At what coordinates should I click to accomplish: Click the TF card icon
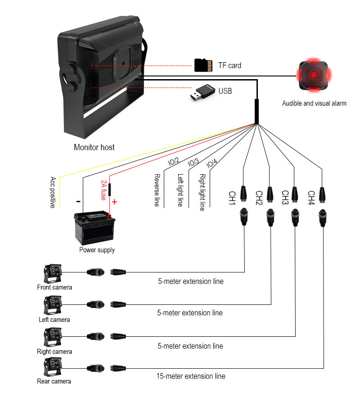[203, 65]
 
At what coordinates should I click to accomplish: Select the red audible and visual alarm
[314, 75]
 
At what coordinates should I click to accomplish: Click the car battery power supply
[94, 228]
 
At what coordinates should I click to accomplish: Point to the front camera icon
[53, 273]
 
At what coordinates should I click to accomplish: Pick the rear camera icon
[53, 367]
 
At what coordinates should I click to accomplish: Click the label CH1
[232, 198]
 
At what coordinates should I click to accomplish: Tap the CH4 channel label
[311, 198]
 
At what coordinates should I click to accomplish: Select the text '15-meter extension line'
[191, 376]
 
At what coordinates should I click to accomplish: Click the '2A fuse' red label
[103, 190]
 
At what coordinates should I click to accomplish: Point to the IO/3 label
[193, 162]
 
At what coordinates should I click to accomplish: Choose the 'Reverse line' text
[157, 190]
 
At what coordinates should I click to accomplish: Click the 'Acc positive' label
[53, 192]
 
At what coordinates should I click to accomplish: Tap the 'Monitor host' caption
[94, 147]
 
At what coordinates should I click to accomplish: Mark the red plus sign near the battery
[114, 202]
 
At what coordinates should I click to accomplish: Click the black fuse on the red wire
[110, 190]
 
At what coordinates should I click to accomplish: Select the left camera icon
[53, 306]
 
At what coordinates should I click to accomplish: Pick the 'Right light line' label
[202, 192]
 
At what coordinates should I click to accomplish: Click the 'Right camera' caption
[54, 352]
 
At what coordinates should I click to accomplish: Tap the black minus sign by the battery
[78, 201]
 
